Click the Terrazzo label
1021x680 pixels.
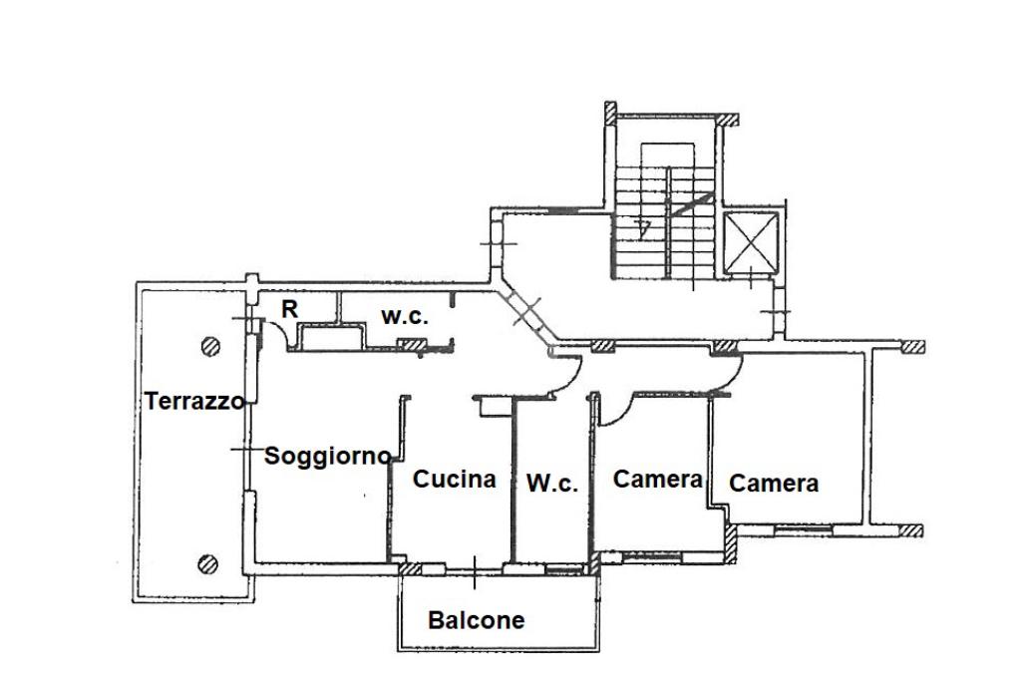194,402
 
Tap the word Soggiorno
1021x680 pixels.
327,457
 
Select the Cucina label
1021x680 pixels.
454,479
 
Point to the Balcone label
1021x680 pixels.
476,620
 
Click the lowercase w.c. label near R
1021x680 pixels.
404,316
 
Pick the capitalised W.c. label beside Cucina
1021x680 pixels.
551,484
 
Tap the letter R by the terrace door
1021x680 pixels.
289,309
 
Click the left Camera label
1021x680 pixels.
657,479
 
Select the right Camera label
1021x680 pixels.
774,484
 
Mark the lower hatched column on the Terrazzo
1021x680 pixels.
208,563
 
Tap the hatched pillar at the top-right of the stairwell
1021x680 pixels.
728,119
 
